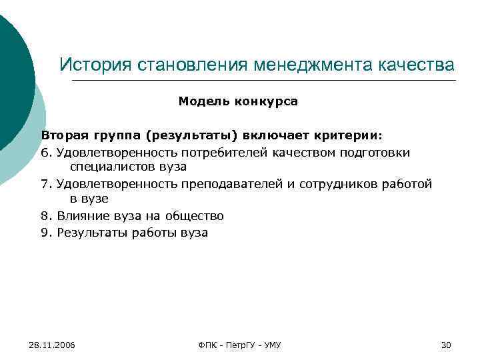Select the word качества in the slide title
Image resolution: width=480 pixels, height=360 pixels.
(x=415, y=65)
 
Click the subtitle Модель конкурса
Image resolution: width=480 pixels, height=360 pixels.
(x=238, y=102)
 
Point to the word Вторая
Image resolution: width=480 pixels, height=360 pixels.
(x=63, y=135)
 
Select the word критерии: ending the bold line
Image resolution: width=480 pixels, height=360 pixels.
(x=351, y=135)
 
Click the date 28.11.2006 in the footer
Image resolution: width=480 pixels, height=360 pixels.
(x=52, y=345)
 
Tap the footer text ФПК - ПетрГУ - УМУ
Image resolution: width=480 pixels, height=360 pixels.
(x=240, y=345)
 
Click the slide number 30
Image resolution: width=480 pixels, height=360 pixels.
(x=446, y=345)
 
